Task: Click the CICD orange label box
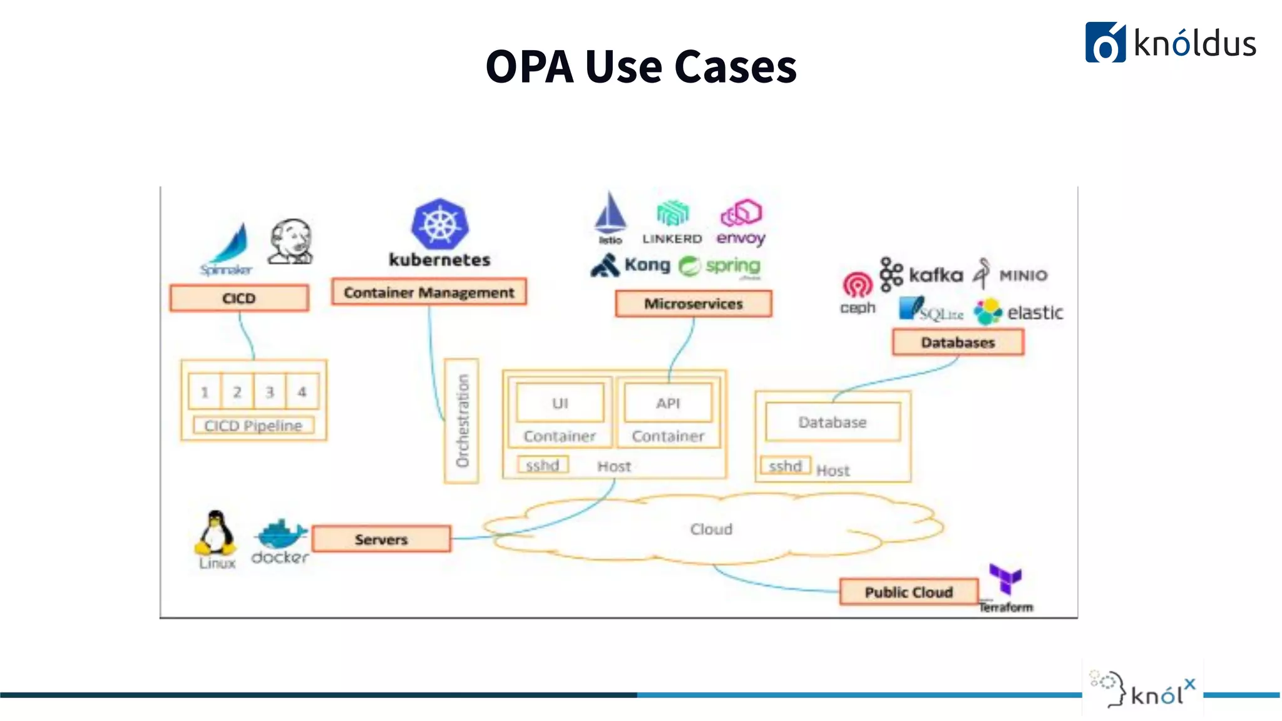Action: point(239,298)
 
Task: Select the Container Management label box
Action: point(429,292)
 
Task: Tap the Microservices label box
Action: point(694,304)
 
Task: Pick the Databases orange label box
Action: point(958,342)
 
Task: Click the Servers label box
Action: point(381,539)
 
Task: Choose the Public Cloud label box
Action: point(908,591)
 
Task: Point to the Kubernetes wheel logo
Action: point(440,224)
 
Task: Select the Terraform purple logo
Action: point(1005,579)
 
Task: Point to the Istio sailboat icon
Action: point(610,215)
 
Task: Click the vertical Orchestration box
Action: point(462,421)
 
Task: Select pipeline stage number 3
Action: point(270,392)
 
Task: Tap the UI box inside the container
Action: point(560,403)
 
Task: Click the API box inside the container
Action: point(668,403)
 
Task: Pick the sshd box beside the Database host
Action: point(785,466)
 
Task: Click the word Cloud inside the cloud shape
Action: point(711,529)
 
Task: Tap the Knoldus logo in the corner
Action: point(1170,43)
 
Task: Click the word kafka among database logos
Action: point(935,275)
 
